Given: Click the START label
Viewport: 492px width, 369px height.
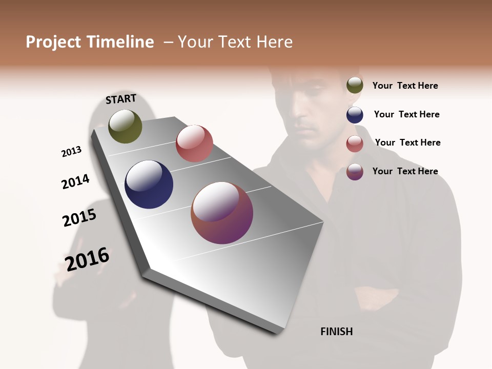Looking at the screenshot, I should pyautogui.click(x=121, y=99).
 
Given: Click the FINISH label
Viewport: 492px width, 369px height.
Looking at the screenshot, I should pyautogui.click(x=337, y=332).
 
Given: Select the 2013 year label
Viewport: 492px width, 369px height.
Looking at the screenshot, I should pyautogui.click(x=71, y=152).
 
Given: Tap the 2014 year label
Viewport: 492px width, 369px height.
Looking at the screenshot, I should pyautogui.click(x=75, y=181).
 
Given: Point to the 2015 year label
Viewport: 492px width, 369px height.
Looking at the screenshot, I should pyautogui.click(x=79, y=218).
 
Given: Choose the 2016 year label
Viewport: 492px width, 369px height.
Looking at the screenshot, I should pyautogui.click(x=87, y=259).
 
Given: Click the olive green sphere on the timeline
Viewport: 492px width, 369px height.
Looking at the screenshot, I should pyautogui.click(x=125, y=126).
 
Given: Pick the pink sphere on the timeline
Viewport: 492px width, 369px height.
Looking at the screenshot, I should pyautogui.click(x=194, y=143).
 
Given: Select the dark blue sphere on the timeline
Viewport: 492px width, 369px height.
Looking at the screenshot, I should pyautogui.click(x=149, y=184).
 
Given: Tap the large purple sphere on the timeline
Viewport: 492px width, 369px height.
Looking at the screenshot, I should pyautogui.click(x=222, y=213).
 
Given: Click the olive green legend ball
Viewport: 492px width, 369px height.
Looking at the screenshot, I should pyautogui.click(x=355, y=86).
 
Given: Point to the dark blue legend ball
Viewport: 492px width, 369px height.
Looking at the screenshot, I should pyautogui.click(x=355, y=115).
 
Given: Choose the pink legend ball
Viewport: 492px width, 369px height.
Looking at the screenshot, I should pyautogui.click(x=355, y=143).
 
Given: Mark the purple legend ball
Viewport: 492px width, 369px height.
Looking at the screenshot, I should pyautogui.click(x=355, y=172).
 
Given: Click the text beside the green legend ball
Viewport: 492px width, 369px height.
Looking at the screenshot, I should pyautogui.click(x=405, y=86).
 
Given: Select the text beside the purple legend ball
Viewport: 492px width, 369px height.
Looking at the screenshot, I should pyautogui.click(x=405, y=171).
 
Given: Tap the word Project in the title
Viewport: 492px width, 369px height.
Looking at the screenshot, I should pyautogui.click(x=54, y=42).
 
